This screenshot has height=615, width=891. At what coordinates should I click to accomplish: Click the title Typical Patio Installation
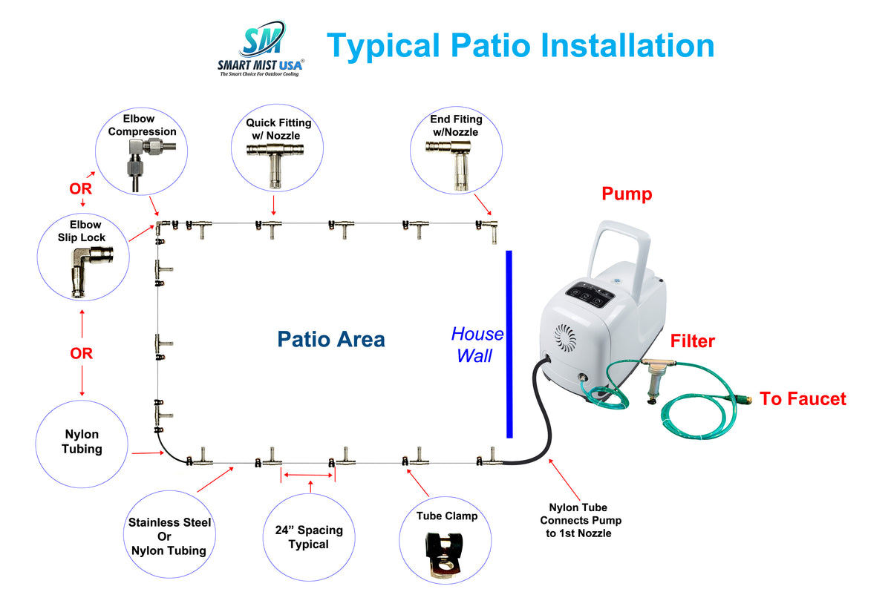(x=520, y=45)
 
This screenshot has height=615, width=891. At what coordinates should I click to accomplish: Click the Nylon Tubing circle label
(x=82, y=441)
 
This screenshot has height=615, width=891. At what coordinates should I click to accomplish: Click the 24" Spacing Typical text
(x=308, y=537)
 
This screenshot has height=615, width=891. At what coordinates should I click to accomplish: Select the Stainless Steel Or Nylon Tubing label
(x=169, y=536)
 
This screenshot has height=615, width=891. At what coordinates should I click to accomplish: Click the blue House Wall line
(x=509, y=344)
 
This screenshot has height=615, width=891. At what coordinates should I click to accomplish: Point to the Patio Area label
(x=331, y=340)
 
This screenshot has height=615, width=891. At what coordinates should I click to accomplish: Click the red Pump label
(x=627, y=194)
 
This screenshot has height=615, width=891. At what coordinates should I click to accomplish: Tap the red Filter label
(x=692, y=341)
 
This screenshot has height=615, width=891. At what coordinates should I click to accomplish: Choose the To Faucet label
(x=803, y=399)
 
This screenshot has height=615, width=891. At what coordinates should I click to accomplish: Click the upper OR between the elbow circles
(x=81, y=189)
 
